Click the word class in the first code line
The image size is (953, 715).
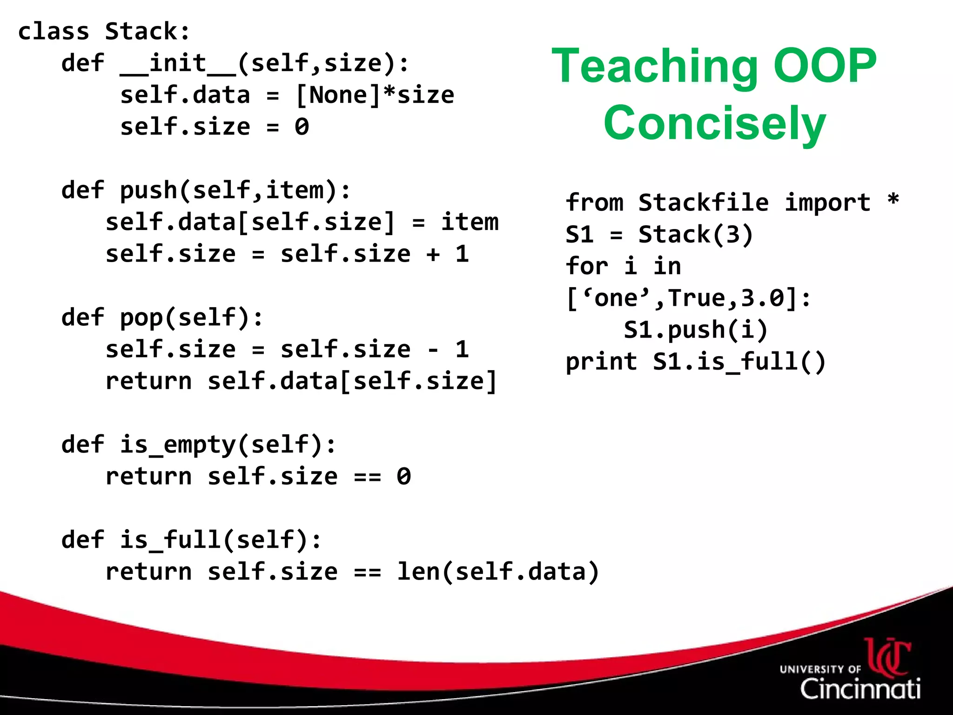[53, 32]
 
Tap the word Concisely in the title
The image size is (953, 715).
[714, 123]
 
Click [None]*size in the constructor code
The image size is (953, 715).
[375, 95]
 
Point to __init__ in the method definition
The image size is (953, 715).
[178, 63]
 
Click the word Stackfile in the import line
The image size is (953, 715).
[703, 203]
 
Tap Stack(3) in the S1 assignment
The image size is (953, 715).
[695, 235]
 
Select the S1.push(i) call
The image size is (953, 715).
[695, 330]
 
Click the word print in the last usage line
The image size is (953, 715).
[601, 362]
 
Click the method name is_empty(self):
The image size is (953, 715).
[228, 445]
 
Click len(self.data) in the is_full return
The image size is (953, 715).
[497, 572]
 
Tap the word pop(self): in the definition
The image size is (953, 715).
[191, 318]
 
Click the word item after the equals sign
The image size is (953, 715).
[469, 222]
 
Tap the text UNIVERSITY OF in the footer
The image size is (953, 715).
[820, 669]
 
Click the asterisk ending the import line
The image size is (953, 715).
[893, 201]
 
